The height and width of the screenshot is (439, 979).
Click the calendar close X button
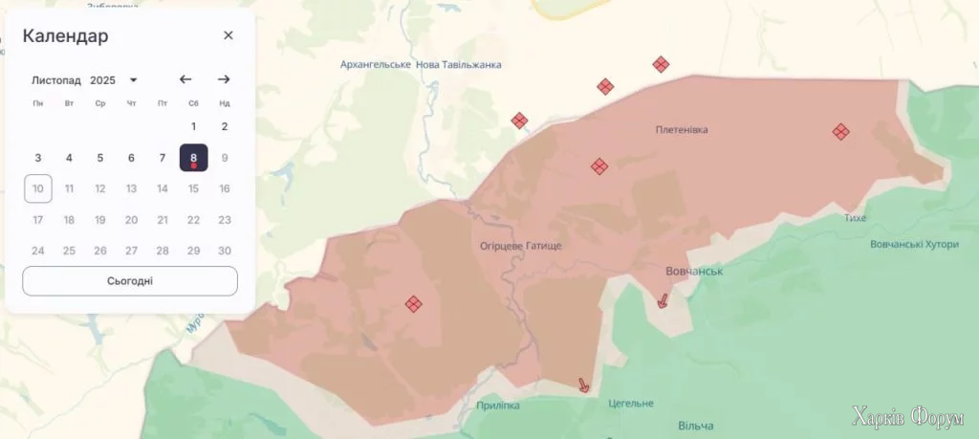[x=228, y=35]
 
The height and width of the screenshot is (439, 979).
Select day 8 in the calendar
[x=193, y=158]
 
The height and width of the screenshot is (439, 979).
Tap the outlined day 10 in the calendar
[x=38, y=188]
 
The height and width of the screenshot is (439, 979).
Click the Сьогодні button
[x=130, y=281]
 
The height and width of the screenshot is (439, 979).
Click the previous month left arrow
[x=185, y=79]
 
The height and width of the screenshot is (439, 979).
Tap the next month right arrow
[x=224, y=79]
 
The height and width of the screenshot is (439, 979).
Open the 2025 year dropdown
[x=114, y=80]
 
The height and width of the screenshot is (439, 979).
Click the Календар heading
[x=65, y=36]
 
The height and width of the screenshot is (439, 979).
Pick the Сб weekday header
[x=193, y=103]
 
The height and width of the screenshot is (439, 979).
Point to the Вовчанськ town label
[x=694, y=272]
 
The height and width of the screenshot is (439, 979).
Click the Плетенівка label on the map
[x=682, y=129]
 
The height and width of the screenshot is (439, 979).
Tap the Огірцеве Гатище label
[x=521, y=246]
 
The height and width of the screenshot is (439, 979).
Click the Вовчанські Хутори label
[x=914, y=244]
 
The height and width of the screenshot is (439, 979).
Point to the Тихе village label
[x=855, y=218]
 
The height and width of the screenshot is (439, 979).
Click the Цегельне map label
[x=631, y=403]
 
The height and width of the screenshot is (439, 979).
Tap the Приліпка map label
[x=498, y=406]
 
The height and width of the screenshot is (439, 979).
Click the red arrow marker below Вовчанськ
[x=662, y=300]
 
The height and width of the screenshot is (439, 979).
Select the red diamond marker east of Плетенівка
[x=840, y=132]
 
